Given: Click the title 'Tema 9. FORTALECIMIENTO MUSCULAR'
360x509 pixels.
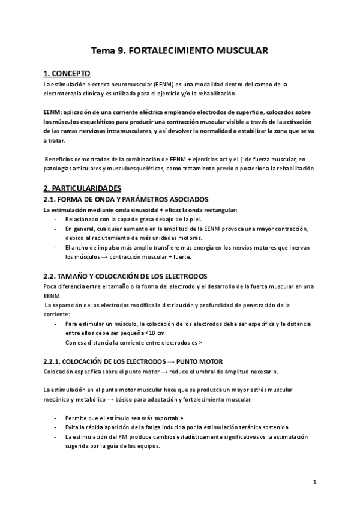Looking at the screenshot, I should tap(179, 51).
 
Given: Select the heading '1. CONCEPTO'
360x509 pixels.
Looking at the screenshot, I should tap(67, 74).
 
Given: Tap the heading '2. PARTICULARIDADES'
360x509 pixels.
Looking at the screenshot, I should tap(82, 188).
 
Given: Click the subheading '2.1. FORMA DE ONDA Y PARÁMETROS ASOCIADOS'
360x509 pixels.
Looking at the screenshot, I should tap(126, 199).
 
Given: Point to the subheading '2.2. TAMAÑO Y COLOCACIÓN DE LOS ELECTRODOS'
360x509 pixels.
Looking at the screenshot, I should tap(125, 276).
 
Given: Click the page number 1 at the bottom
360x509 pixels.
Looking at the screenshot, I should tap(314, 481).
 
